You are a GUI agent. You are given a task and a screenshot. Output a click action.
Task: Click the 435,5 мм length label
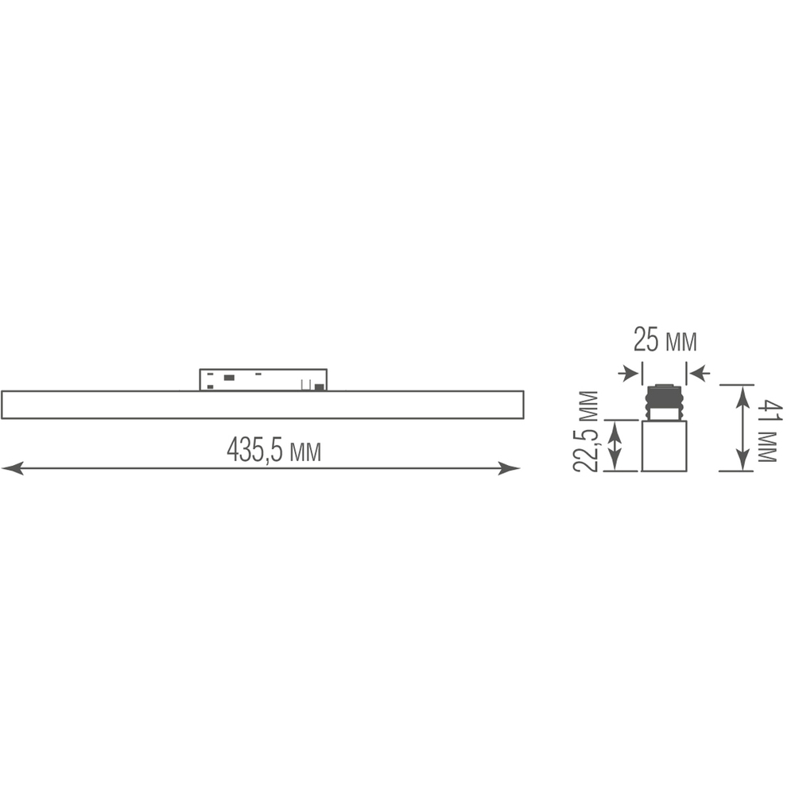(273, 451)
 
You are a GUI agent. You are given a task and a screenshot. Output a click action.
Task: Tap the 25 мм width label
(665, 342)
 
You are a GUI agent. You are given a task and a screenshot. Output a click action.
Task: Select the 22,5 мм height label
(588, 432)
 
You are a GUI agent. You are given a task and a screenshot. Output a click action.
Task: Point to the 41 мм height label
(769, 432)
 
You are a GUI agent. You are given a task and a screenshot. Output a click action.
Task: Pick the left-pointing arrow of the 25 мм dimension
(699, 372)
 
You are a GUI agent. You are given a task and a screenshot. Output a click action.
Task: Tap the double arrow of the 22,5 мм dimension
(615, 445)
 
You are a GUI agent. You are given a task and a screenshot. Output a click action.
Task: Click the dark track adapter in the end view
(664, 401)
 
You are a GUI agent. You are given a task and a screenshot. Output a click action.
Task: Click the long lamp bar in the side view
(262, 405)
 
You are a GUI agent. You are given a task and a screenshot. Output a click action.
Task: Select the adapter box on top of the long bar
(262, 379)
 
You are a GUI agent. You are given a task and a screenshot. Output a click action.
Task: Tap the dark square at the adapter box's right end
(320, 387)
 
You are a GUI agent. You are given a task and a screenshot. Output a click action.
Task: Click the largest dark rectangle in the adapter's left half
(229, 378)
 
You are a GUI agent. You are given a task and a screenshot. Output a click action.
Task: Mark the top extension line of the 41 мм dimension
(736, 385)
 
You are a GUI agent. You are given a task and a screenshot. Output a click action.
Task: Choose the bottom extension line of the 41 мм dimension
(736, 471)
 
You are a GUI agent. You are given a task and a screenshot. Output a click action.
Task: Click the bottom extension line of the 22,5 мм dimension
(620, 471)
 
